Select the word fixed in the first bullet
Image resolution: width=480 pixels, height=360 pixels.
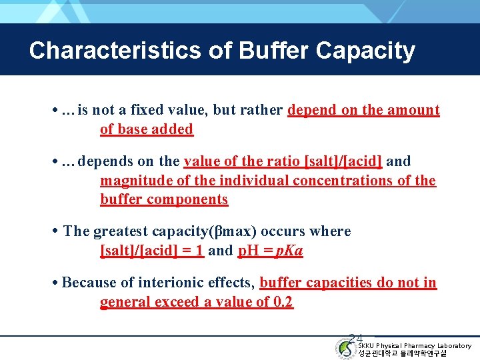[145, 110]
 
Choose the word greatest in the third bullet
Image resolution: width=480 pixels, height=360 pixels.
[121, 231]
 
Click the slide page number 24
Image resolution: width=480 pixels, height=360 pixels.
[355, 339]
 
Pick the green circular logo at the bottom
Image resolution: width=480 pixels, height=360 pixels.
[346, 349]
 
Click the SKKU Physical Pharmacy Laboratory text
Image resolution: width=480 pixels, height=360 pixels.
[414, 345]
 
